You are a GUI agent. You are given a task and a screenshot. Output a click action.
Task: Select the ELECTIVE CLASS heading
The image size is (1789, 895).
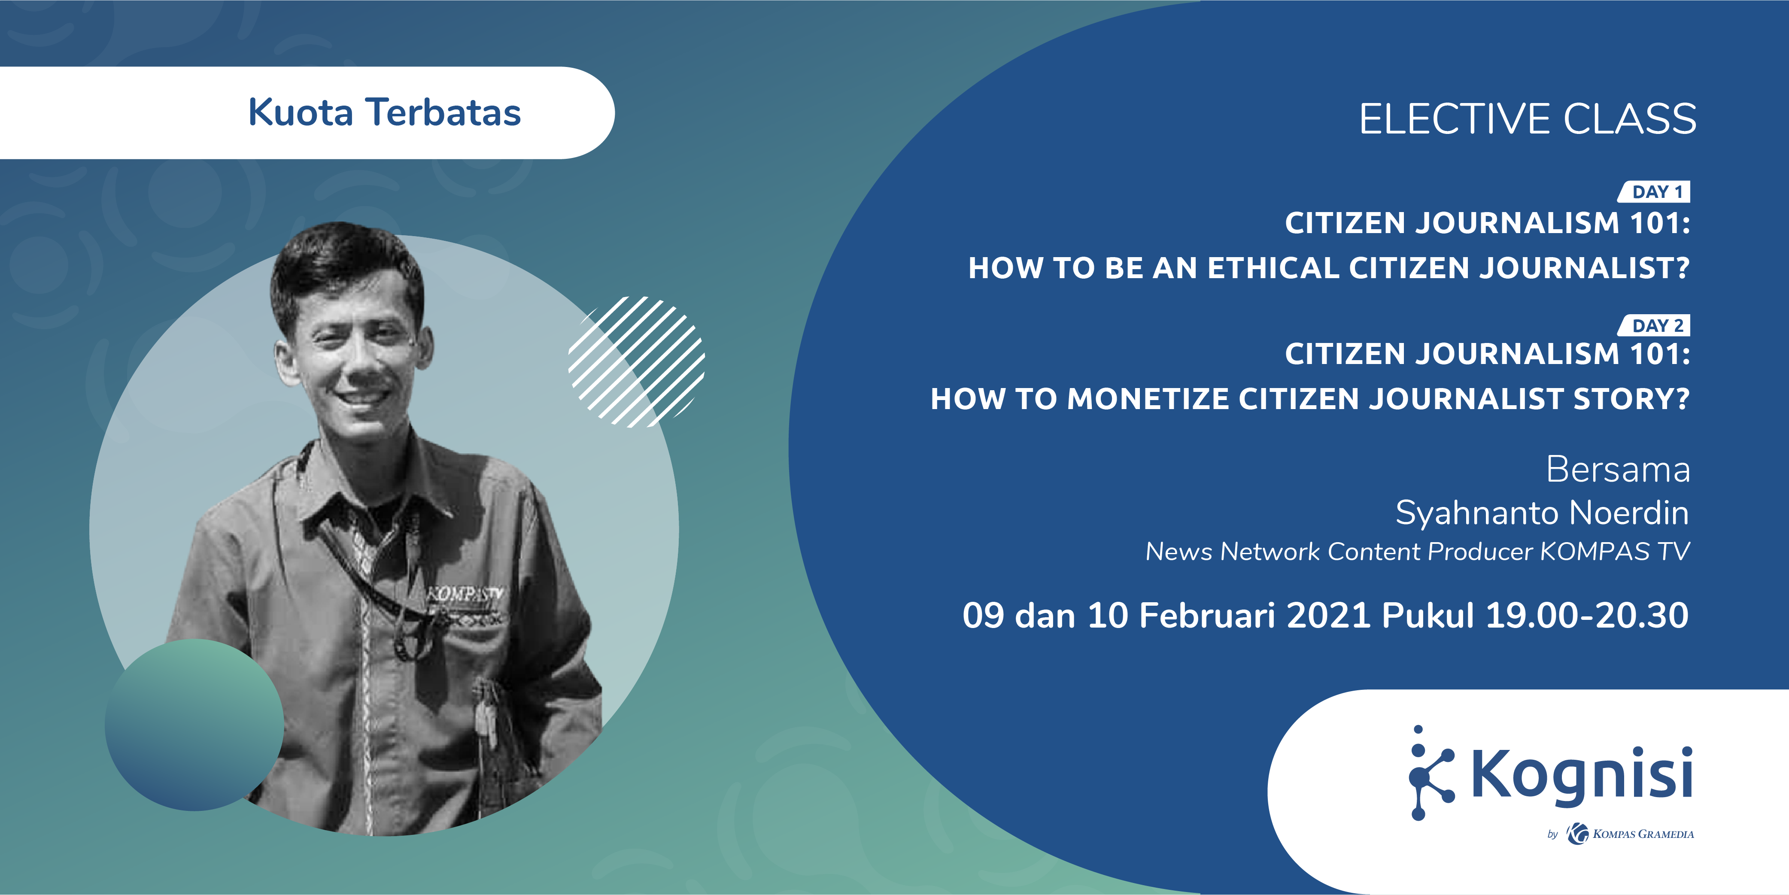(x=1527, y=119)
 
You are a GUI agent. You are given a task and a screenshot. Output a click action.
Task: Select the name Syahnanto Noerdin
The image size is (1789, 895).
(x=1542, y=513)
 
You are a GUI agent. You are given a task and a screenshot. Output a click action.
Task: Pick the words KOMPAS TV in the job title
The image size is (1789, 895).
(x=1615, y=551)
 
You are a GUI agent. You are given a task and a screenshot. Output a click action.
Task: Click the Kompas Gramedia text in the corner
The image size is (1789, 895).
(x=1643, y=834)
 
